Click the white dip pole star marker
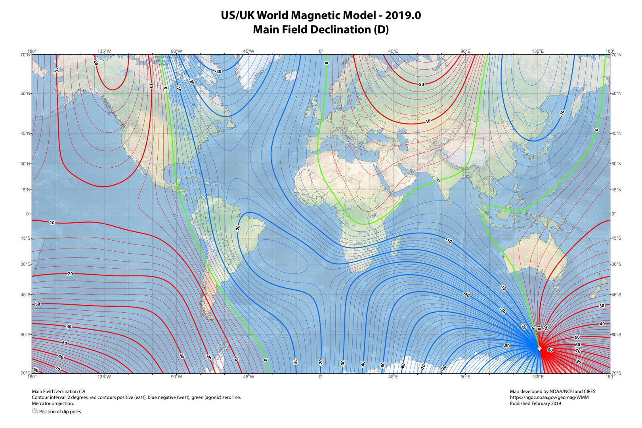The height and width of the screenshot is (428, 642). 539,348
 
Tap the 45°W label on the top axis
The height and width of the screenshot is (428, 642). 248,51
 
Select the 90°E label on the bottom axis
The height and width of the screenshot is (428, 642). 465,376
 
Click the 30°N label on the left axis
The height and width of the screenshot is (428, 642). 26,164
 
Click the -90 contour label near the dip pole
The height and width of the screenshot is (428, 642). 506,346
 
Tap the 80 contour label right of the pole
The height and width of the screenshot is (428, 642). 550,350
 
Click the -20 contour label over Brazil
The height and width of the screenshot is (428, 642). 238,228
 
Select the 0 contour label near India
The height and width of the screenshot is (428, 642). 438,181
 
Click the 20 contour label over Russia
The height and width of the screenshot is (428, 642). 421,84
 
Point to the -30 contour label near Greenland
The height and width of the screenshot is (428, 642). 218,71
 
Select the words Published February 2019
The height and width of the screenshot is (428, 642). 535,403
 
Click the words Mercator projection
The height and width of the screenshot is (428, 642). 53,403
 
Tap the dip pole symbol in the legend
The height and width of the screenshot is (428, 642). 34,411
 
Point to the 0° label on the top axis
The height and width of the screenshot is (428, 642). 321,51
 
